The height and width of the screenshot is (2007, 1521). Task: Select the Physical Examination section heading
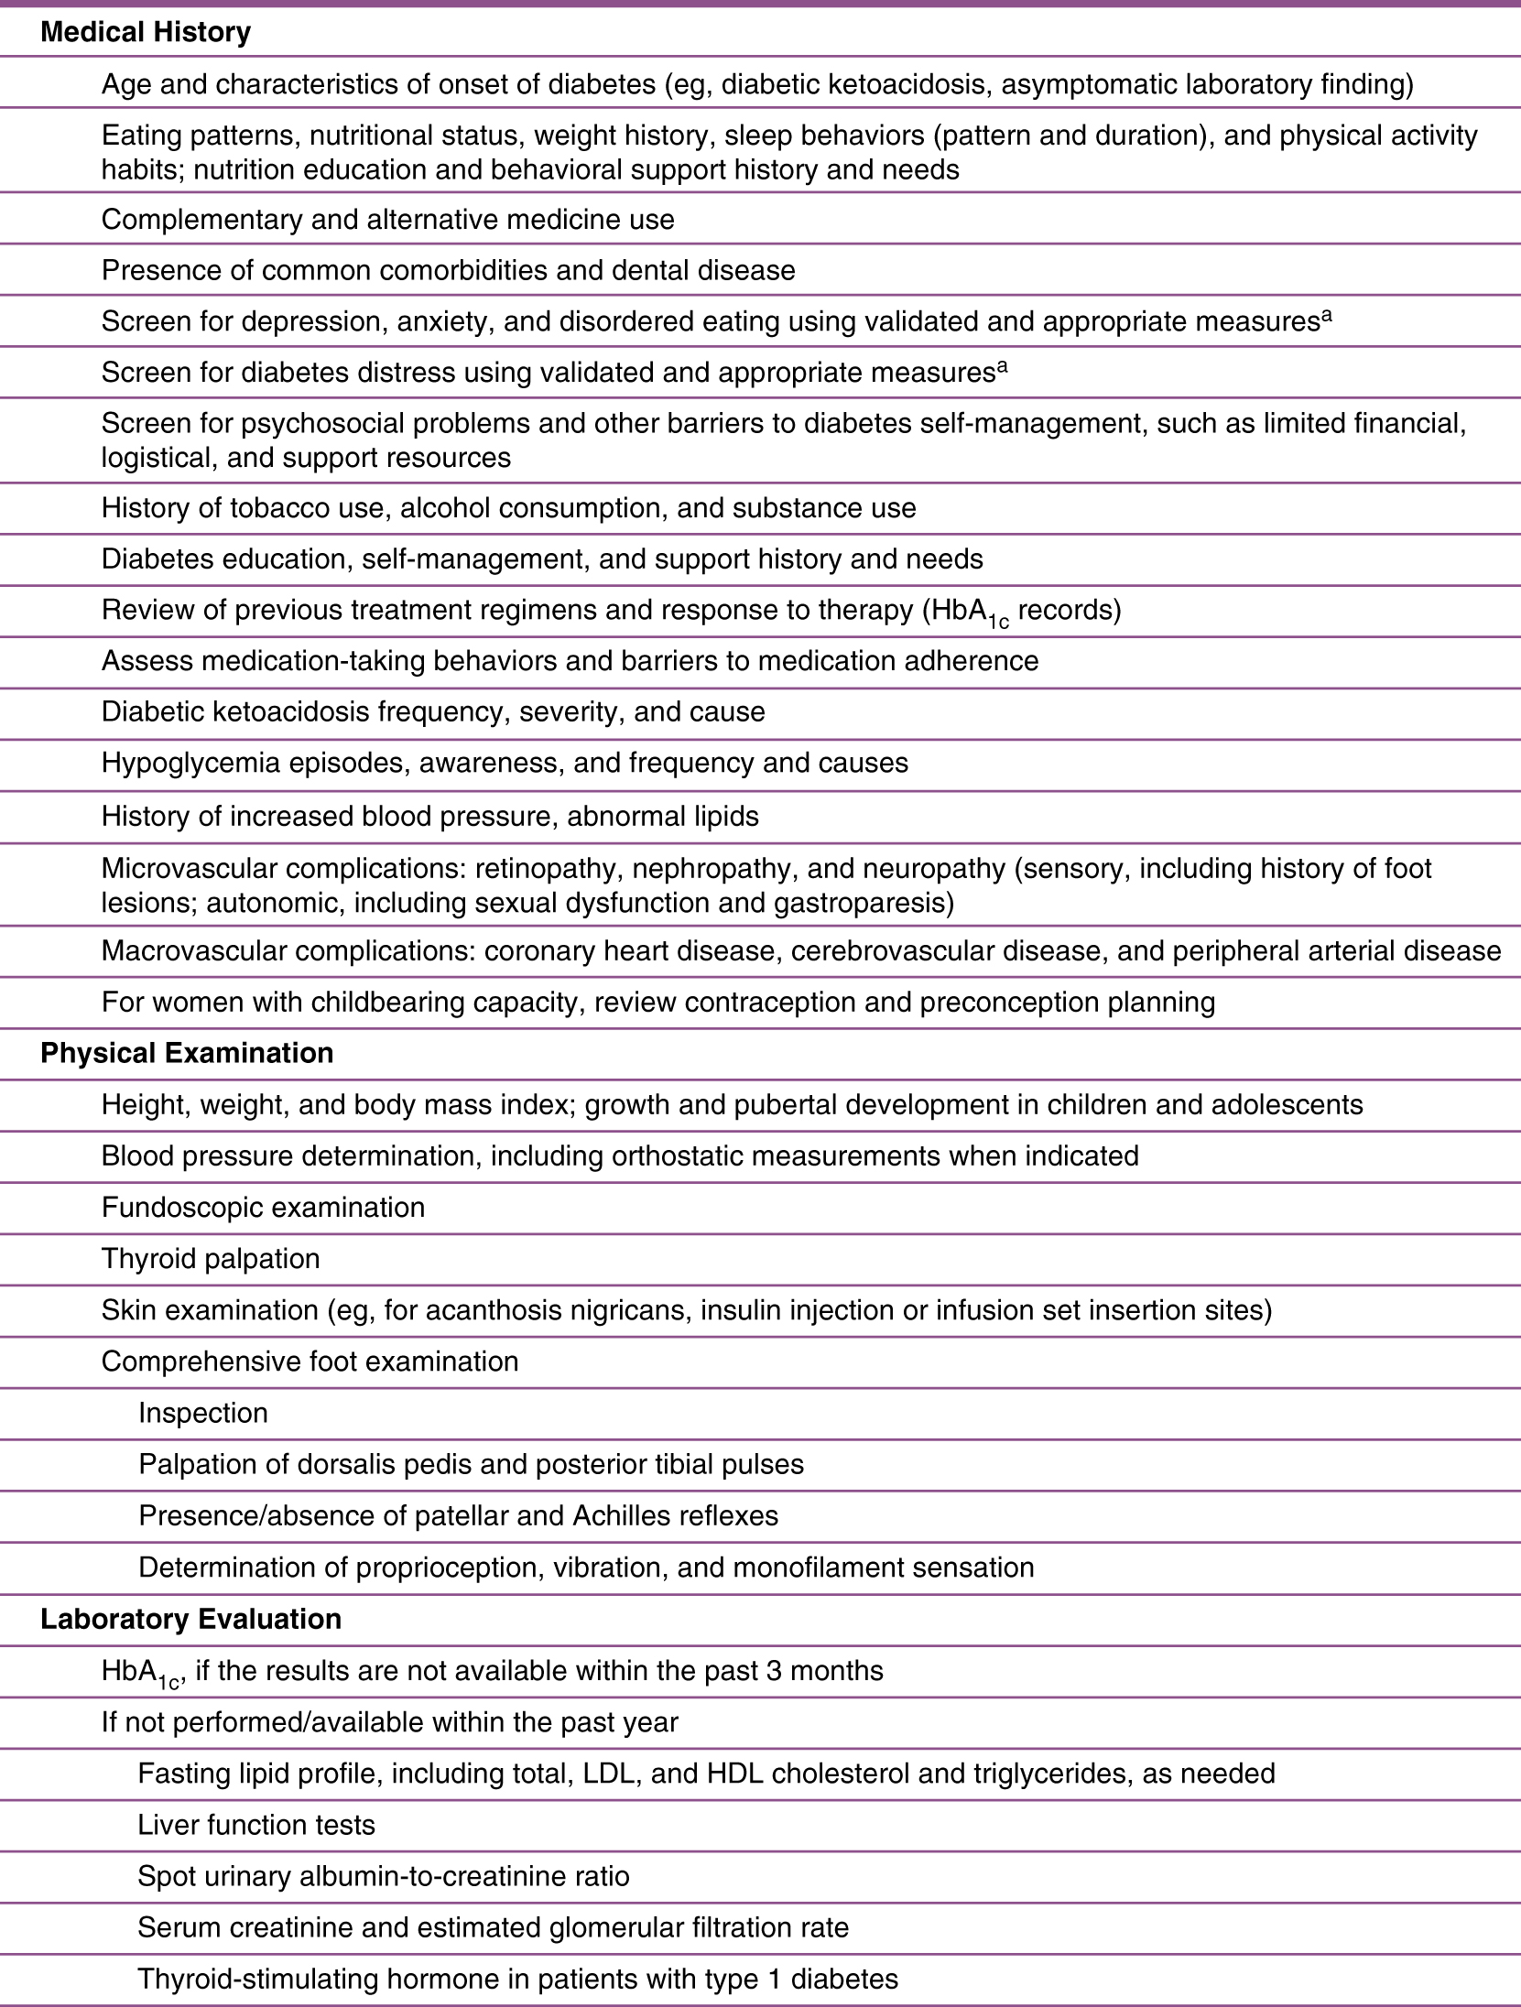pos(187,1053)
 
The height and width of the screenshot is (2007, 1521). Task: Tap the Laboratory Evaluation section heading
pos(190,1619)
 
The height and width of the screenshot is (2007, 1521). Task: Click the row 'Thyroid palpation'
pos(211,1258)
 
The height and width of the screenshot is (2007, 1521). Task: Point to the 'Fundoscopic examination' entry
pos(263,1207)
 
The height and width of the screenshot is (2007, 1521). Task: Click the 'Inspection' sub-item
pos(203,1413)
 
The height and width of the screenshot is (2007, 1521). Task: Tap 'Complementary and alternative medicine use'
pos(387,220)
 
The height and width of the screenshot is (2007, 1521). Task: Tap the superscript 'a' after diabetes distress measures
pos(1002,365)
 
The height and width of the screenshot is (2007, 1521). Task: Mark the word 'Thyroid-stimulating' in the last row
pos(256,1979)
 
